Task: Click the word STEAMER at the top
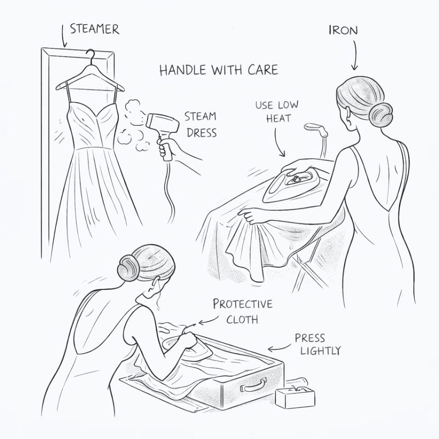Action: pos(94,29)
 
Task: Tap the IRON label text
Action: pos(344,31)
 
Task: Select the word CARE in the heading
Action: pos(263,70)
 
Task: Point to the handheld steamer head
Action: pos(162,123)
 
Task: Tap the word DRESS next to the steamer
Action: pos(201,133)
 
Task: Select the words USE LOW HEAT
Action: pos(277,112)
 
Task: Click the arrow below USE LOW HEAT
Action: pos(278,143)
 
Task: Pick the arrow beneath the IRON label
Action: pos(356,55)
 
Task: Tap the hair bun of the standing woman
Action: pos(380,115)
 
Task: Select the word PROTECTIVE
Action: pos(243,304)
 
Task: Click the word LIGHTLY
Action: pos(320,351)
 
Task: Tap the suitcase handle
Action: pos(254,385)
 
